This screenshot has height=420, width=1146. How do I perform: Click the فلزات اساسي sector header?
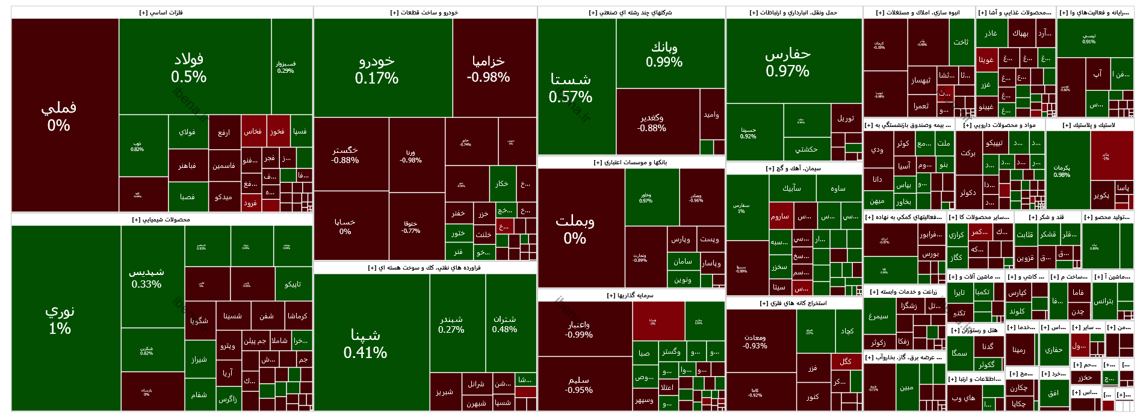pyautogui.click(x=161, y=13)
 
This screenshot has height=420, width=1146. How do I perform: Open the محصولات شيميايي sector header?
pyautogui.click(x=161, y=220)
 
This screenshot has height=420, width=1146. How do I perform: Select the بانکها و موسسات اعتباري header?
pyautogui.click(x=630, y=162)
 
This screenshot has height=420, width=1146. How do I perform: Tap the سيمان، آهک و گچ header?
pyautogui.click(x=793, y=168)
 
